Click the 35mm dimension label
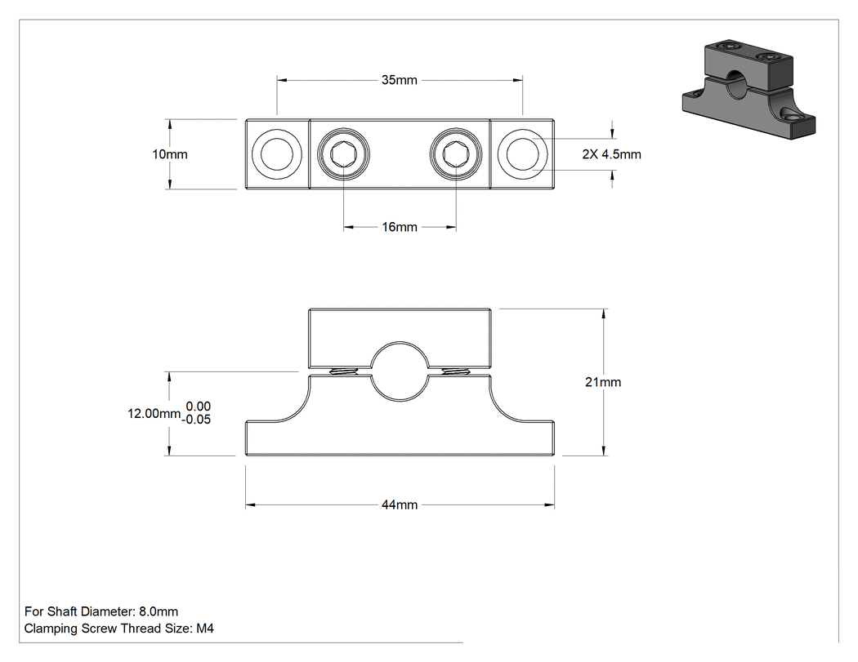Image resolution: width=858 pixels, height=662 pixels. click(x=400, y=80)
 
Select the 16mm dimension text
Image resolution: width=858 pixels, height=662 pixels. click(x=400, y=227)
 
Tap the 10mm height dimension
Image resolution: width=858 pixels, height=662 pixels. click(x=170, y=154)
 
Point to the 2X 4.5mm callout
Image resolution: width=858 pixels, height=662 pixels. click(x=611, y=154)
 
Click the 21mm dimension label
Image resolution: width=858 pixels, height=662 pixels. click(x=603, y=382)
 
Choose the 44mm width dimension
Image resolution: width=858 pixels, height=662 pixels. click(x=400, y=504)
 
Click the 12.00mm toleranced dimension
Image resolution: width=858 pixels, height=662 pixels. click(x=154, y=413)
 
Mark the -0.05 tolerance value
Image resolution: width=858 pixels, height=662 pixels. click(x=196, y=420)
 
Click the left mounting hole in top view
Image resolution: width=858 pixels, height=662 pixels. click(x=276, y=154)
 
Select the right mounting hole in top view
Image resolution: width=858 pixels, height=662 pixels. click(x=523, y=154)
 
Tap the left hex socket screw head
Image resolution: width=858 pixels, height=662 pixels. click(x=344, y=154)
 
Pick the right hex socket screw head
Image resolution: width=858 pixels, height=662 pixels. click(x=456, y=154)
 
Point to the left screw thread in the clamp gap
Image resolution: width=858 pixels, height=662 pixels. click(x=343, y=371)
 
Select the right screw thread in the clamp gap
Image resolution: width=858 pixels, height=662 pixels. click(x=456, y=371)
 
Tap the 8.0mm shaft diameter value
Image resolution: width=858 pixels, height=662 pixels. click(x=159, y=611)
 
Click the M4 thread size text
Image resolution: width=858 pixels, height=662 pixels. click(x=204, y=628)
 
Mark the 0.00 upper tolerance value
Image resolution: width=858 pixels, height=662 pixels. click(x=198, y=407)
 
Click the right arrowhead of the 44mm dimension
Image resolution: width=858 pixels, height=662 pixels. click(x=550, y=504)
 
